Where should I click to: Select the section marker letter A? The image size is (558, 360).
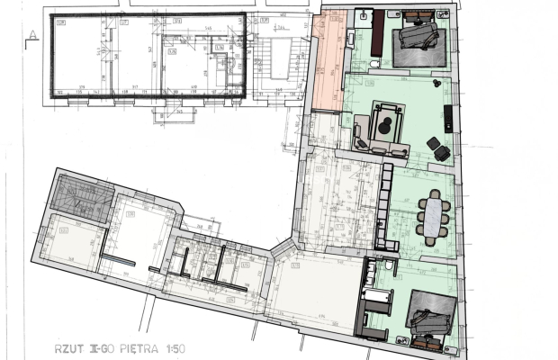(x=31, y=35)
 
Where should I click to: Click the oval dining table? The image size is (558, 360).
(x=435, y=216)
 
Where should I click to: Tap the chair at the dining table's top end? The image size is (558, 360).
(x=436, y=193)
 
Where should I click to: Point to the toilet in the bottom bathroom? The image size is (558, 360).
(x=388, y=267)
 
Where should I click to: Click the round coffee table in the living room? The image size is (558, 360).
(x=387, y=127)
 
